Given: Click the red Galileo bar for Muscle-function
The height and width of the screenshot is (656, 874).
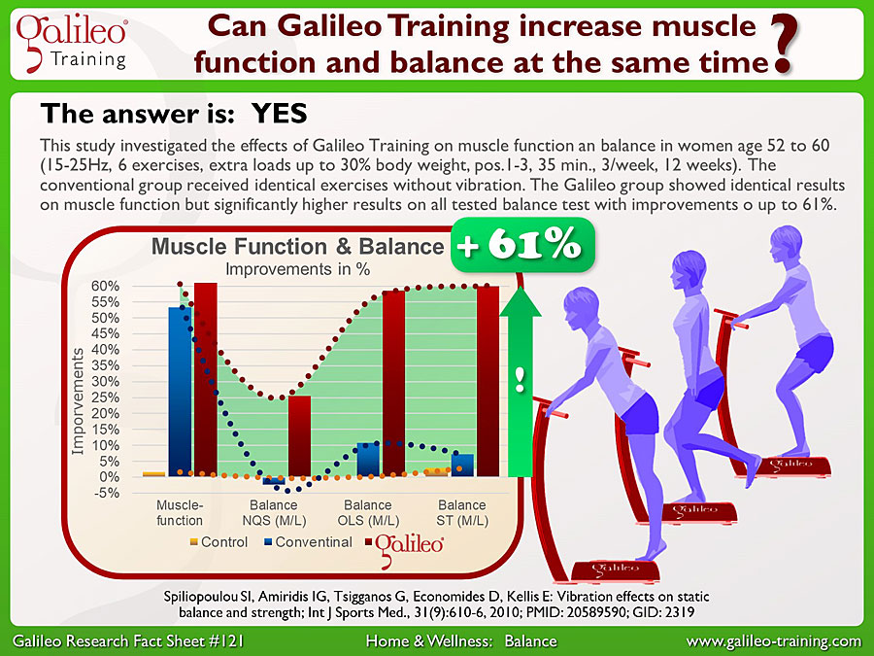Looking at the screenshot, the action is pos(206,379).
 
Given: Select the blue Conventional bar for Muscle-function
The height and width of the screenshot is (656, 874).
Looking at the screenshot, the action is pos(180,392).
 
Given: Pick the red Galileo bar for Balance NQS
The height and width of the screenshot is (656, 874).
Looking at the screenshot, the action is pos(299,435).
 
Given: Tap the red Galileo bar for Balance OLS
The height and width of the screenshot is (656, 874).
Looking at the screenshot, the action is pos(393,383).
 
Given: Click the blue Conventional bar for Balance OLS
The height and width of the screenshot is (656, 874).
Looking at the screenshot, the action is pos(368,460).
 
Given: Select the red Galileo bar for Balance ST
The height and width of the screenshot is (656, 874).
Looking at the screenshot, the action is pos(487,381).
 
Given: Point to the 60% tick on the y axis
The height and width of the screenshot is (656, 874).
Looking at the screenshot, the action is pos(105,286).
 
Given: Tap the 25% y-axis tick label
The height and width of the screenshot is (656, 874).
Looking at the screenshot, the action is pos(105,397).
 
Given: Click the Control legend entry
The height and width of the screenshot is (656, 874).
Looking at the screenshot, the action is pos(218,541).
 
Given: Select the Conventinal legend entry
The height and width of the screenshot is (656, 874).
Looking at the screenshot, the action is pos(308,541).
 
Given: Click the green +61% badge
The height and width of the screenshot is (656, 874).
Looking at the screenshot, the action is pos(522,245).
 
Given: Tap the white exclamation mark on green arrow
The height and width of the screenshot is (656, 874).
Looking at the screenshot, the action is pos(521,379).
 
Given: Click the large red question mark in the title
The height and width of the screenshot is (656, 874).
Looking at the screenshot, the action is pos(783,44).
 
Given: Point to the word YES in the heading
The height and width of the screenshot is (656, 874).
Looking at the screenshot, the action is pos(280,114).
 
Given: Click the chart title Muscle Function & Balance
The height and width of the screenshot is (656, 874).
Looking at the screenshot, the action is pos(298,246).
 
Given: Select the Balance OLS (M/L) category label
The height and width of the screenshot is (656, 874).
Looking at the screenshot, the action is pos(368,512).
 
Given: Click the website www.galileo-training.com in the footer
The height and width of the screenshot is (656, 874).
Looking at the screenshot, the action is pos(774,641).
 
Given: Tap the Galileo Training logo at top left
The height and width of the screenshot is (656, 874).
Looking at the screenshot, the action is pos(71,43).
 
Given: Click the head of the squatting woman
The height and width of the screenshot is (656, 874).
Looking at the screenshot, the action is pos(786,244).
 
